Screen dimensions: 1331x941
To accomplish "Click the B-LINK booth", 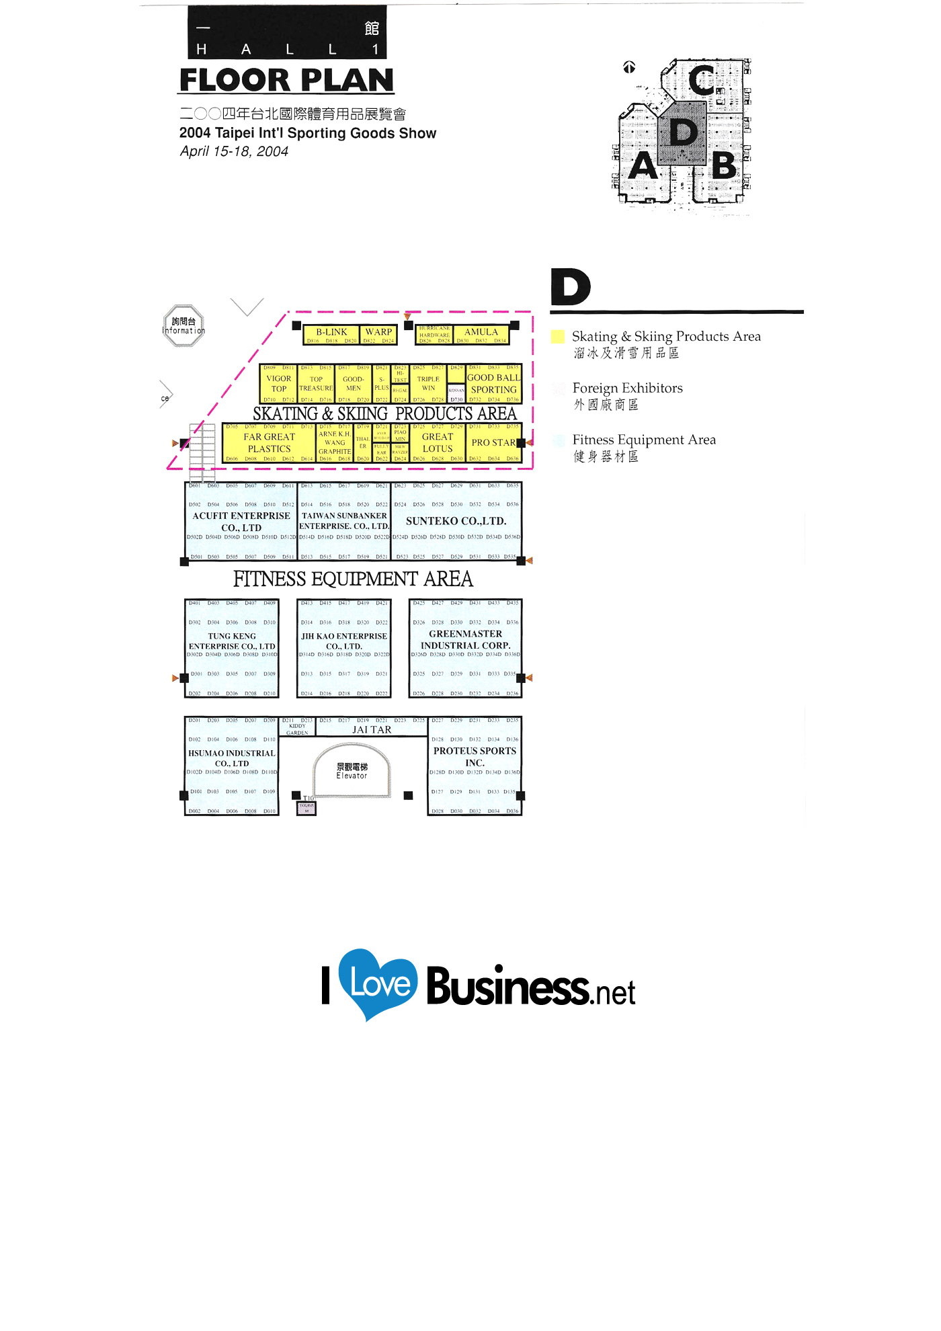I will [x=331, y=332].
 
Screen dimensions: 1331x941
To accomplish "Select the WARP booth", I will [x=378, y=332].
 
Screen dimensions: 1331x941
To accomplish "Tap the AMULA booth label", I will [x=481, y=332].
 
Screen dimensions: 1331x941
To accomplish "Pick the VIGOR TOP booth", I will [x=278, y=384].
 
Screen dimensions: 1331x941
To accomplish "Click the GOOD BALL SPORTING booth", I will [x=494, y=383].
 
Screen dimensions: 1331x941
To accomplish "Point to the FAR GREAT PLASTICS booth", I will [x=269, y=443].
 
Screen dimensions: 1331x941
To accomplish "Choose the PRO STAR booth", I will [x=493, y=443].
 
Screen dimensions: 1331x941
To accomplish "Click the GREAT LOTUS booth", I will [x=438, y=443].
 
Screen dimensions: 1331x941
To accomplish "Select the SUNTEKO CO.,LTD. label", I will [x=456, y=521].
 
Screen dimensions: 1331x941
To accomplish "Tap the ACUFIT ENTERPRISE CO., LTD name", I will [x=241, y=522].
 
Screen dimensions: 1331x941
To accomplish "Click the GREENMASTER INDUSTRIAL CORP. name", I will [x=465, y=639].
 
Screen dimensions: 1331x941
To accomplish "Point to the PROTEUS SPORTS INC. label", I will [x=475, y=757].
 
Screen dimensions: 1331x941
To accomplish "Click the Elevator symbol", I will [x=352, y=770].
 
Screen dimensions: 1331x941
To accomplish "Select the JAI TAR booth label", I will [x=372, y=730].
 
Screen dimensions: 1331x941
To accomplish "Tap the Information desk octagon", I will [x=183, y=326].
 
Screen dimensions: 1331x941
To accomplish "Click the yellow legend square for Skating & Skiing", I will [x=558, y=337].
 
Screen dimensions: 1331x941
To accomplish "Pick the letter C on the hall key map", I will [x=702, y=80].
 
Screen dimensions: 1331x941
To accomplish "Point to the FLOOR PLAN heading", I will [x=286, y=81].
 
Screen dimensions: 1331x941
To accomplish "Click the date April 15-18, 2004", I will [x=234, y=152].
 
